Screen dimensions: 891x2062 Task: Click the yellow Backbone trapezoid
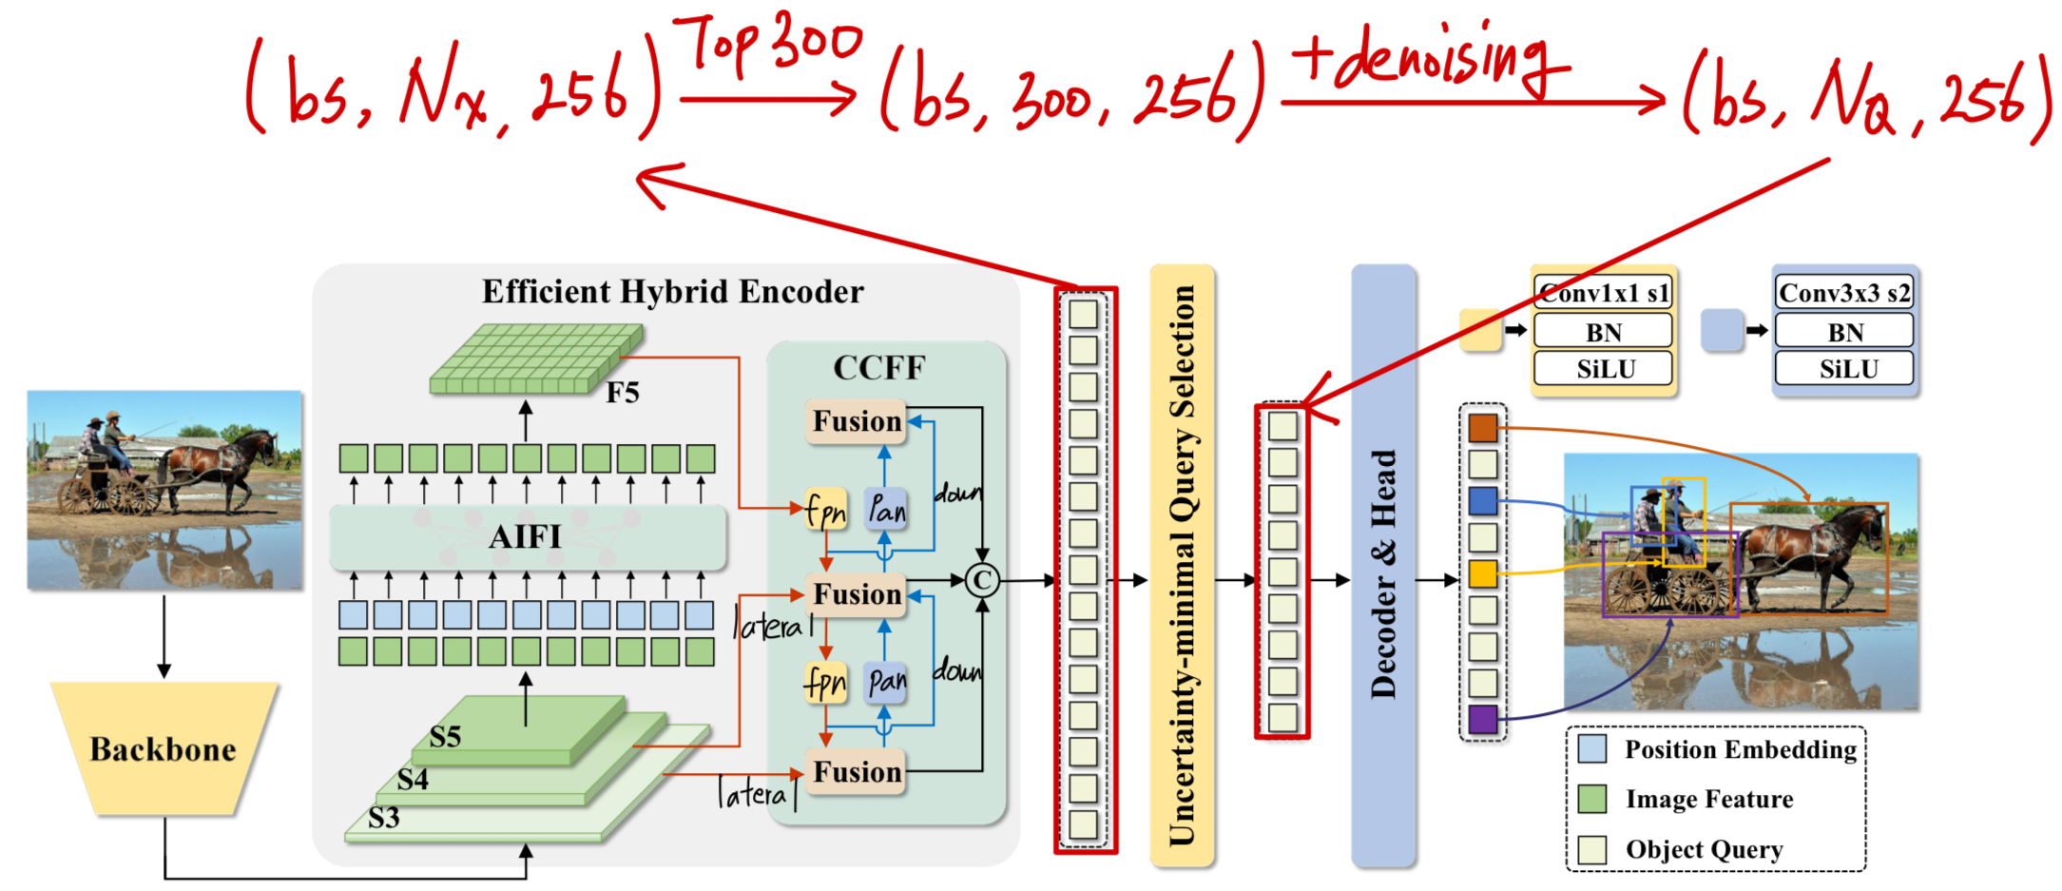pyautogui.click(x=164, y=748)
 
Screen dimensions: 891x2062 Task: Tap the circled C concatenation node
pyautogui.click(x=982, y=579)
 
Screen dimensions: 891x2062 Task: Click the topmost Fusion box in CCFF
pyautogui.click(x=856, y=421)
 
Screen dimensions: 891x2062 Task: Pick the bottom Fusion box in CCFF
pyautogui.click(x=856, y=771)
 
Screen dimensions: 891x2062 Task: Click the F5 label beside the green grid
pyautogui.click(x=623, y=393)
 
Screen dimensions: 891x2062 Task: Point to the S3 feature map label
pyautogui.click(x=384, y=818)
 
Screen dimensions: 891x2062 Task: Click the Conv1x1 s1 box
pyautogui.click(x=1603, y=293)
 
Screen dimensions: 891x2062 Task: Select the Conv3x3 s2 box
pyautogui.click(x=1844, y=293)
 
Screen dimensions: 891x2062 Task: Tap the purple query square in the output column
pyautogui.click(x=1482, y=719)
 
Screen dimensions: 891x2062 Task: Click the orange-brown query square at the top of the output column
pyautogui.click(x=1482, y=428)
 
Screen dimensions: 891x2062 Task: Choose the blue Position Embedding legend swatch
pyautogui.click(x=1591, y=748)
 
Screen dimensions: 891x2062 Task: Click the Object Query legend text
pyautogui.click(x=1704, y=849)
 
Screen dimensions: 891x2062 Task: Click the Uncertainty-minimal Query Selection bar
pyautogui.click(x=1182, y=566)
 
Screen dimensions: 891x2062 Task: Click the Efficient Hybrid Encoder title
pyautogui.click(x=672, y=291)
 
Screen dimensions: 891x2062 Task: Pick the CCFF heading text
pyautogui.click(x=878, y=367)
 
